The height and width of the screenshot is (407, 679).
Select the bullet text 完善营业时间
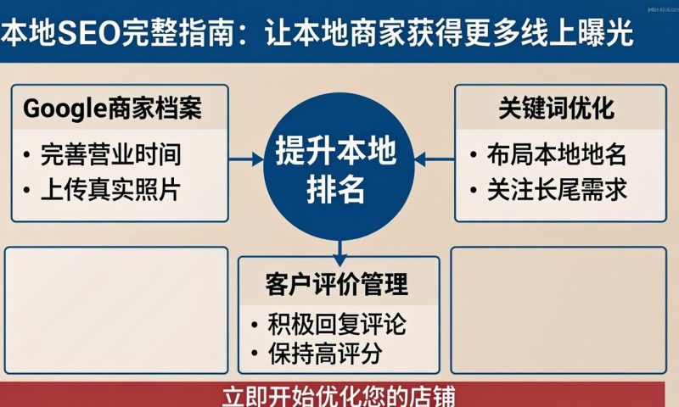110,155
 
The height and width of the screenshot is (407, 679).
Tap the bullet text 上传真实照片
110,190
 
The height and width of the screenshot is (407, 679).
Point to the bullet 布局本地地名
556,155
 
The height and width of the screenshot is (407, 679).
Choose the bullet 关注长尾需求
556,190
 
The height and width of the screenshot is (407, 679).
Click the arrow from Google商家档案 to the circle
246,159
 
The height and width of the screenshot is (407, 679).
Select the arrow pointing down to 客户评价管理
339,248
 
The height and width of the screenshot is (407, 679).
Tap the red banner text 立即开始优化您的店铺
339,396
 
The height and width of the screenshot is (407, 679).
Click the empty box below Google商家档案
116,309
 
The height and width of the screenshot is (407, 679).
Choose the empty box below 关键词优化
564,309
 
